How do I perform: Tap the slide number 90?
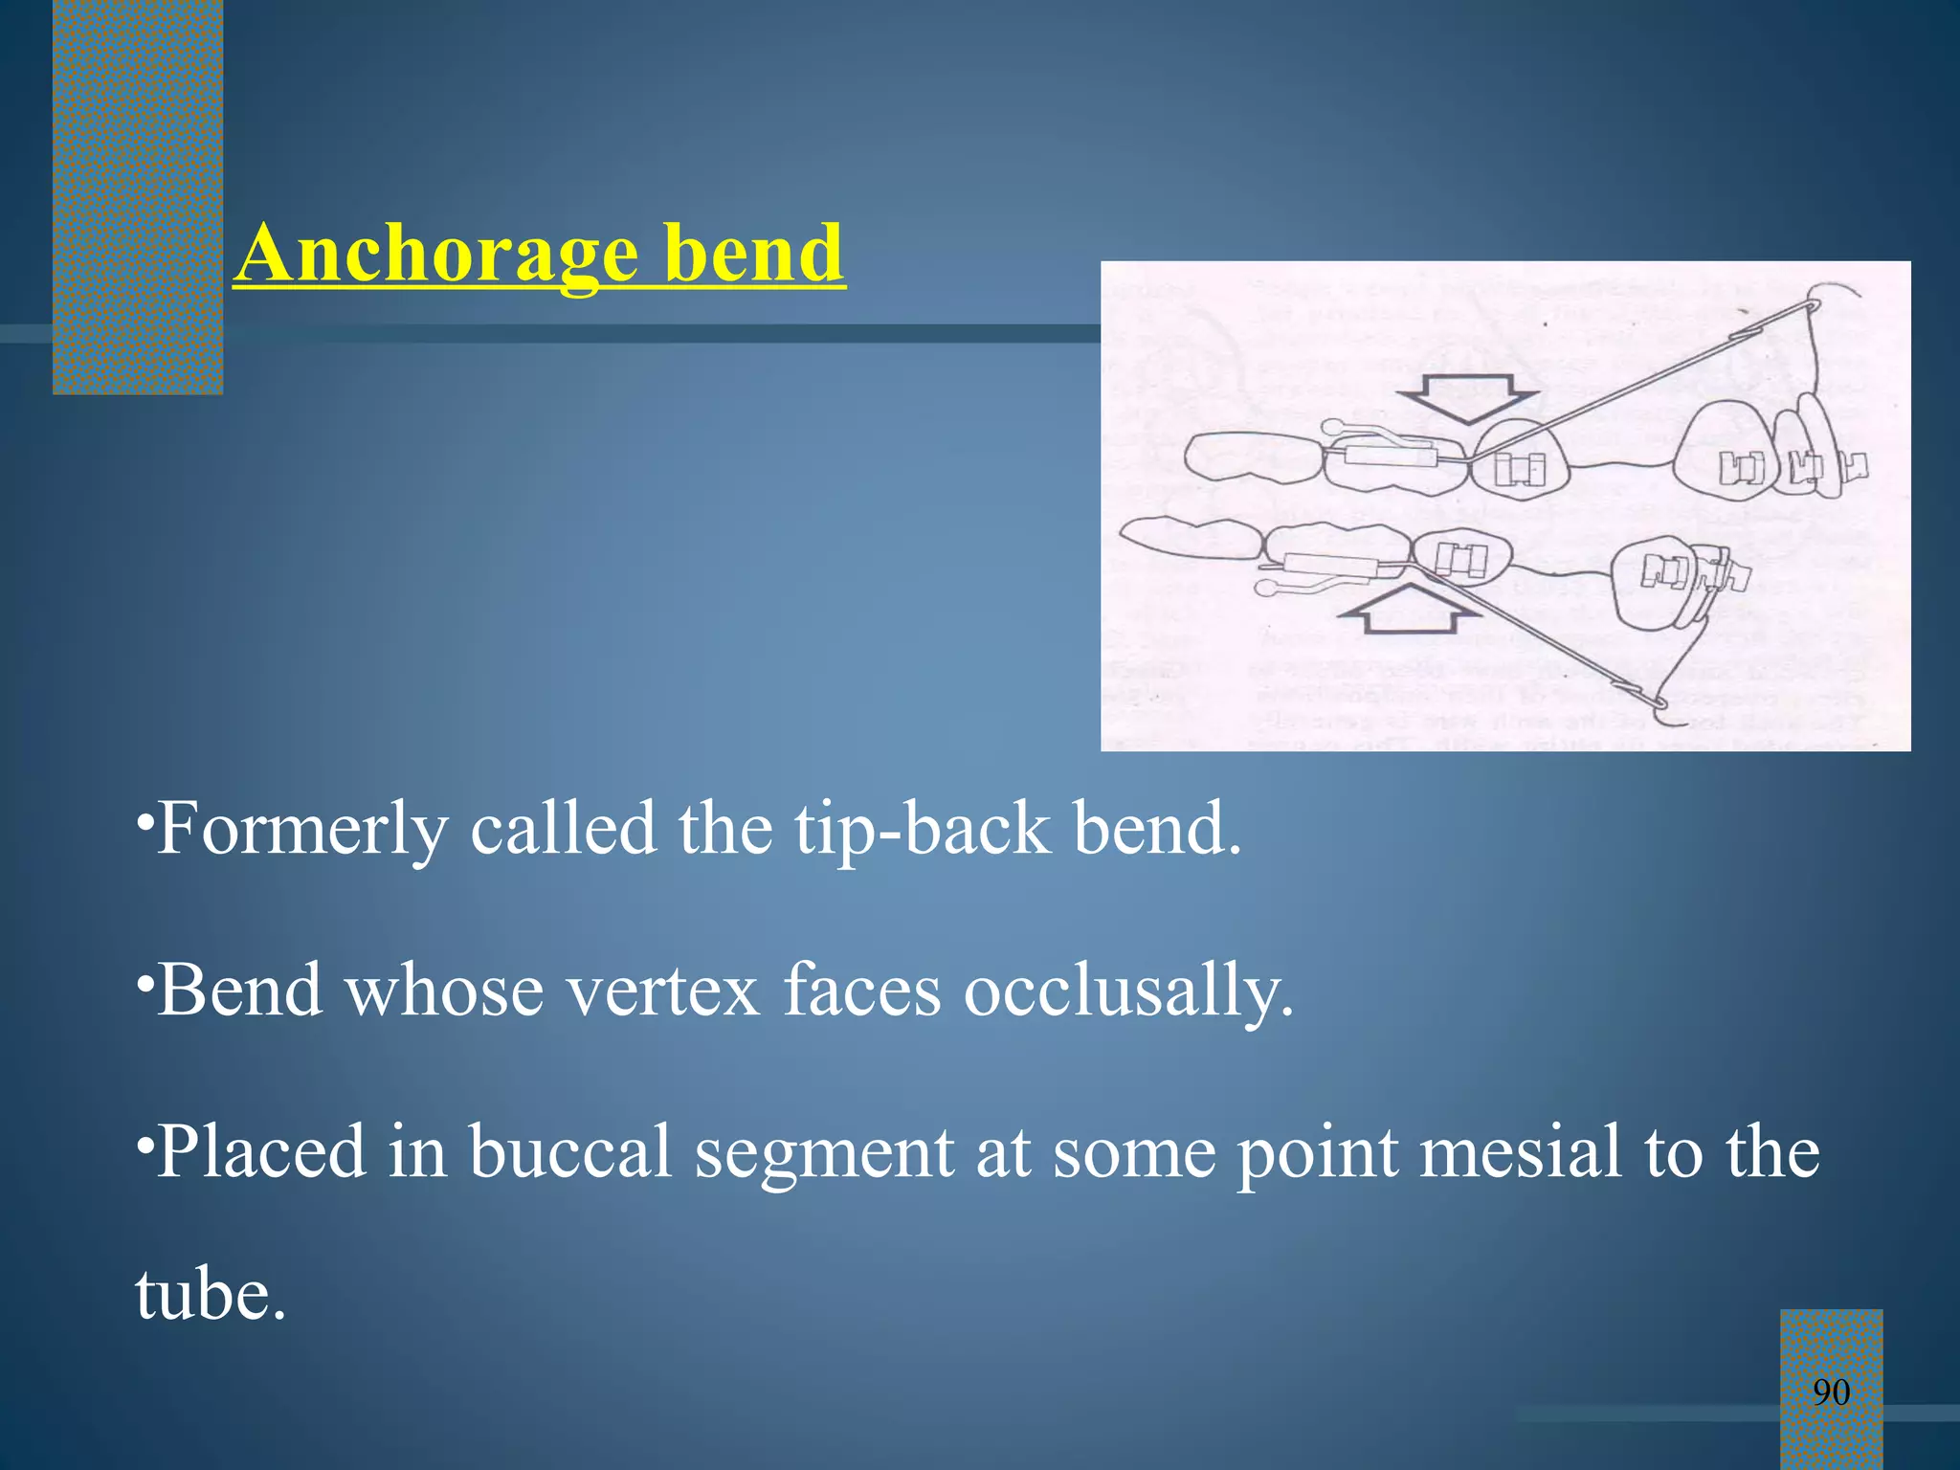[1831, 1392]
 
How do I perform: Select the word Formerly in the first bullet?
[302, 829]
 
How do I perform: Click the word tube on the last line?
[210, 1294]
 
